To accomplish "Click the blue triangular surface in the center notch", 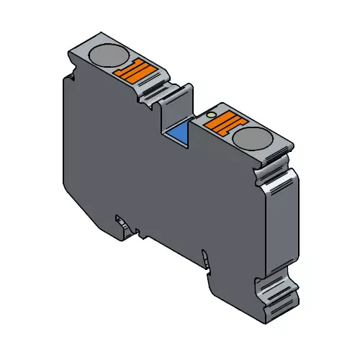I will [x=178, y=136].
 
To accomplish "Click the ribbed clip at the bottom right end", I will [x=282, y=295].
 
